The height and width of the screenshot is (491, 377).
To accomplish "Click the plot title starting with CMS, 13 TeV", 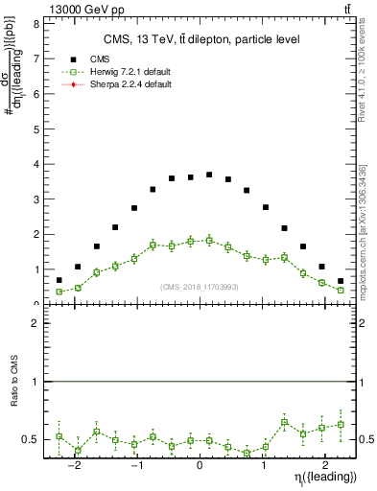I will (196, 39).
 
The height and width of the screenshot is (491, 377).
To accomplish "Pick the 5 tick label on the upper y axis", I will (35, 129).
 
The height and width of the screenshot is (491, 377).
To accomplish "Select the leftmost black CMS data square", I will (59, 280).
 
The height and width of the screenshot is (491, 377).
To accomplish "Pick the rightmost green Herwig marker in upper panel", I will (341, 290).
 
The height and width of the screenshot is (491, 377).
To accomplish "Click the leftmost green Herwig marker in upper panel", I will (59, 292).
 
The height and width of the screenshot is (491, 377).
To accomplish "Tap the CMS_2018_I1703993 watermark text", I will (199, 287).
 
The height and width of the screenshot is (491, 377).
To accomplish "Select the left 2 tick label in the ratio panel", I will (35, 324).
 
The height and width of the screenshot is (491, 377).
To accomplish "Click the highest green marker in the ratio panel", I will (284, 422).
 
